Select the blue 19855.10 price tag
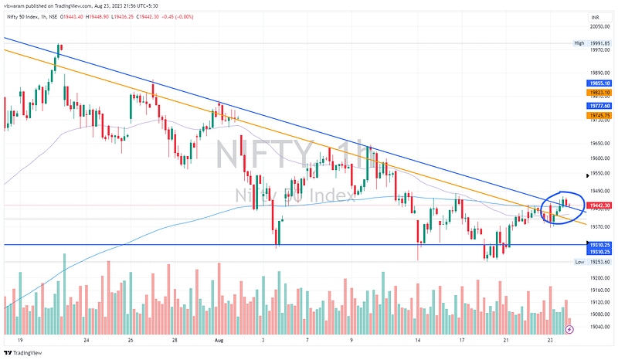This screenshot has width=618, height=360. [599, 83]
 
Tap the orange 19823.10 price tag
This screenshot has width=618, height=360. [599, 92]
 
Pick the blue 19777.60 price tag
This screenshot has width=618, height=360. [599, 105]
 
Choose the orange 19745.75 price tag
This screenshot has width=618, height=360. [599, 115]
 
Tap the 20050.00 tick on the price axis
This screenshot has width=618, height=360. [599, 26]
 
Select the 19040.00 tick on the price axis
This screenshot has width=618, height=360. [599, 327]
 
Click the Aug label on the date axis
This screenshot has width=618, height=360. [218, 339]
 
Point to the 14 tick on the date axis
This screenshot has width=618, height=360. [418, 339]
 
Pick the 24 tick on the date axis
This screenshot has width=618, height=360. [87, 339]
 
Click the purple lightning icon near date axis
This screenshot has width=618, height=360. [570, 329]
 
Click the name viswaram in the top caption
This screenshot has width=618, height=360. [15, 5]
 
